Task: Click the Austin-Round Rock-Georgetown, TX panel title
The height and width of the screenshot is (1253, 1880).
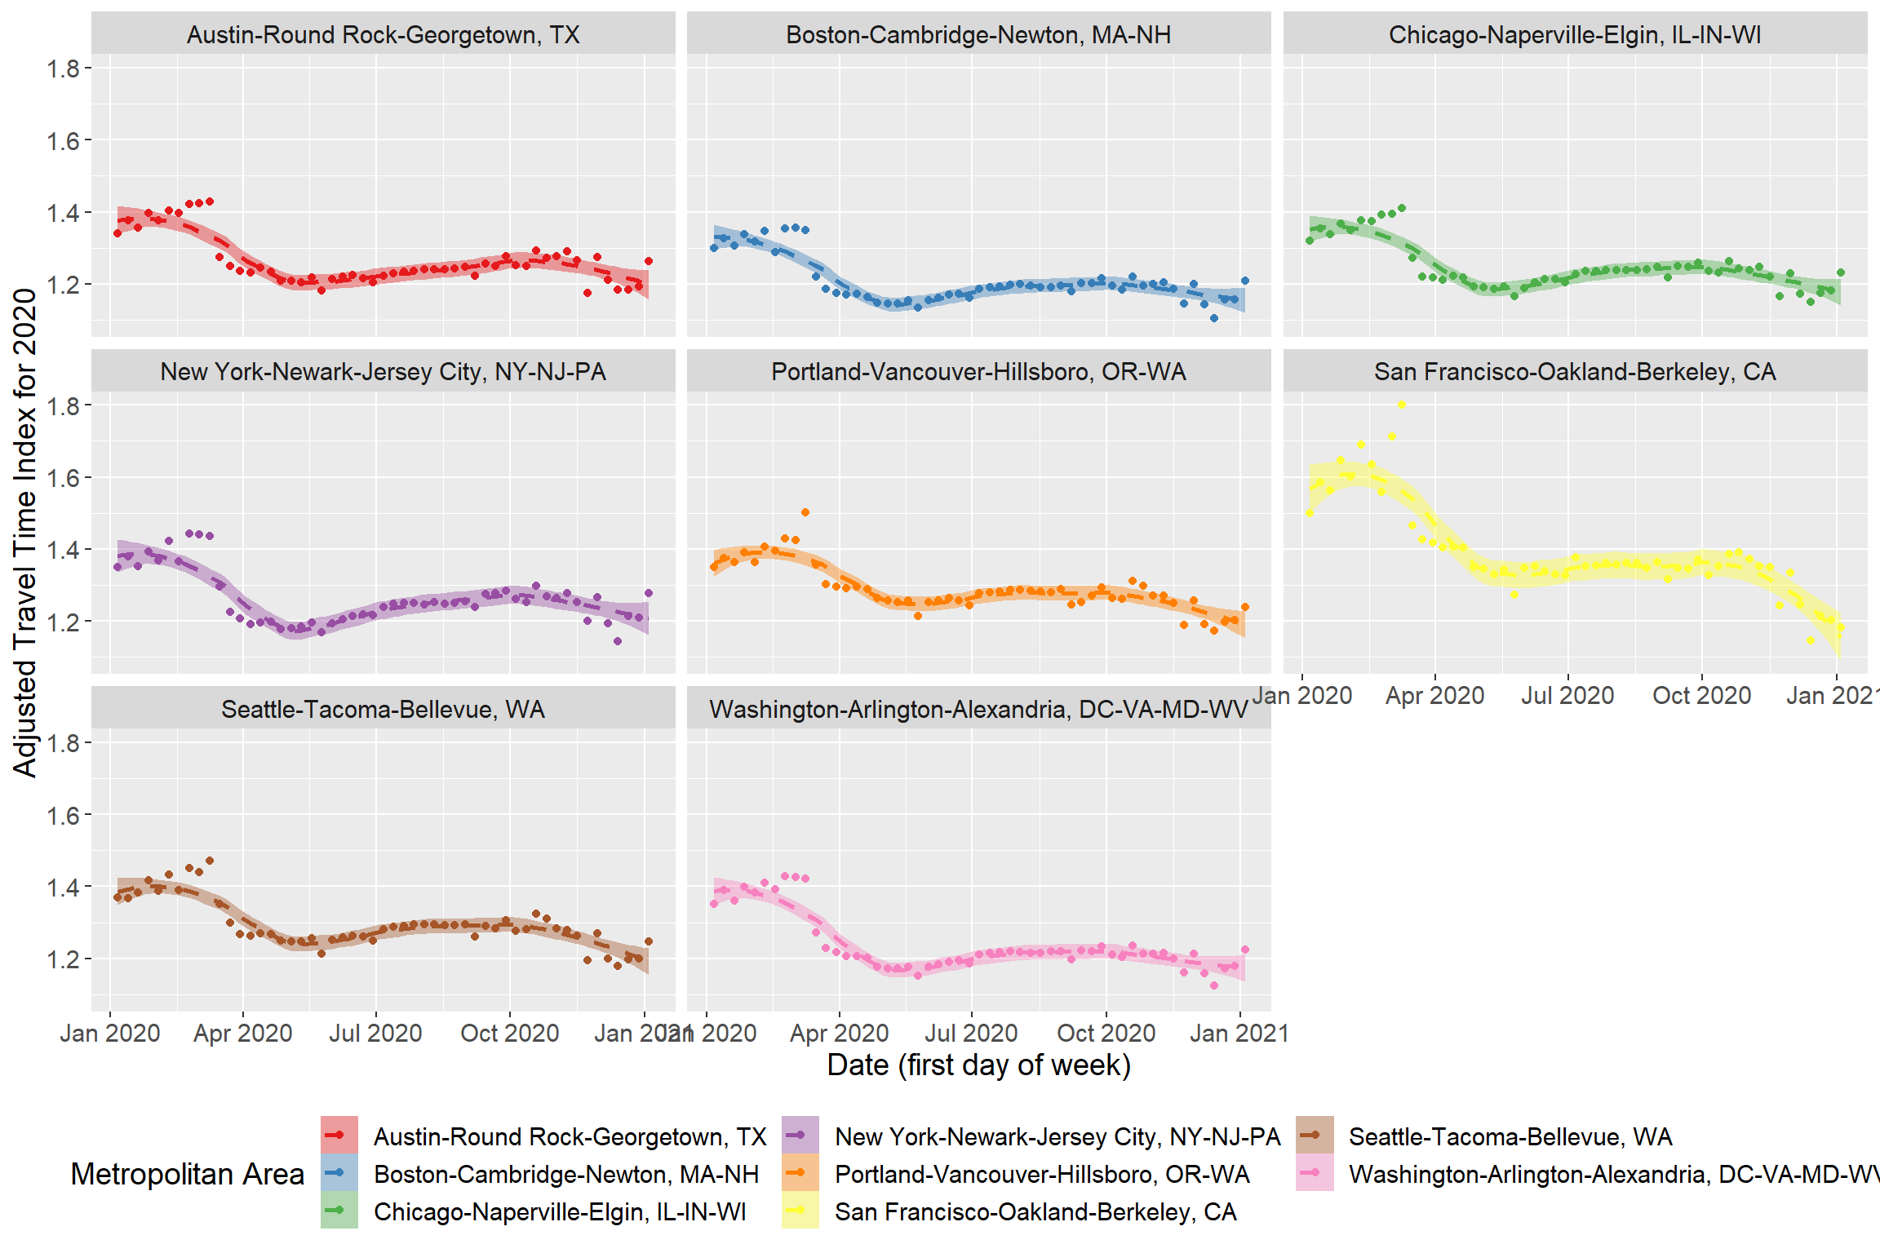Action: click(x=383, y=35)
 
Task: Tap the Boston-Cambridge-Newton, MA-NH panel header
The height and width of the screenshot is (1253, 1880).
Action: click(x=978, y=35)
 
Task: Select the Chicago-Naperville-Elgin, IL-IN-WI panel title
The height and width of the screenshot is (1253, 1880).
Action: click(x=1575, y=35)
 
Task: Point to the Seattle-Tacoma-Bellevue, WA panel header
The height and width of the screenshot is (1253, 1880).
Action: click(x=383, y=709)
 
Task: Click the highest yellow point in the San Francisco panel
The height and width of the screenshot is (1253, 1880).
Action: click(x=1402, y=405)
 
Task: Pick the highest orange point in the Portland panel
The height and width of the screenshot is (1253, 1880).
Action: click(x=805, y=512)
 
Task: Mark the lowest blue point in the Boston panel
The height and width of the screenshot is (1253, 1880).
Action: click(x=1214, y=318)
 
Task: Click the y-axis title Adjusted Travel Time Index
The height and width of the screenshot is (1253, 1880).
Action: click(x=25, y=532)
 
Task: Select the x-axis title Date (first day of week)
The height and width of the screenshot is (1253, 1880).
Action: click(x=978, y=1065)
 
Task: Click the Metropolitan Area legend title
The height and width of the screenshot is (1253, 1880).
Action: click(x=188, y=1174)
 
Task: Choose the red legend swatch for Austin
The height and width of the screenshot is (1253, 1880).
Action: click(x=339, y=1136)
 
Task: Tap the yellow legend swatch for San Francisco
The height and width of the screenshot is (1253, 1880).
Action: click(x=800, y=1211)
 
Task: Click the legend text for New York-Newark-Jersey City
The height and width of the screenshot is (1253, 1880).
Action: click(x=1057, y=1136)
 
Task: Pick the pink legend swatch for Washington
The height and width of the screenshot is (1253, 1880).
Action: click(x=1315, y=1173)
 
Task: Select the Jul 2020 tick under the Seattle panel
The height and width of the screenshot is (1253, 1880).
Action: click(x=375, y=1033)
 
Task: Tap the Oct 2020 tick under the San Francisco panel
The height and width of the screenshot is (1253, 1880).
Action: click(x=1701, y=695)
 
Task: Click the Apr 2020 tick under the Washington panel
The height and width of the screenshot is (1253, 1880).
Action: click(x=839, y=1033)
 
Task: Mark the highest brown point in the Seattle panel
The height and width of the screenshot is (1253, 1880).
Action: click(x=210, y=861)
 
